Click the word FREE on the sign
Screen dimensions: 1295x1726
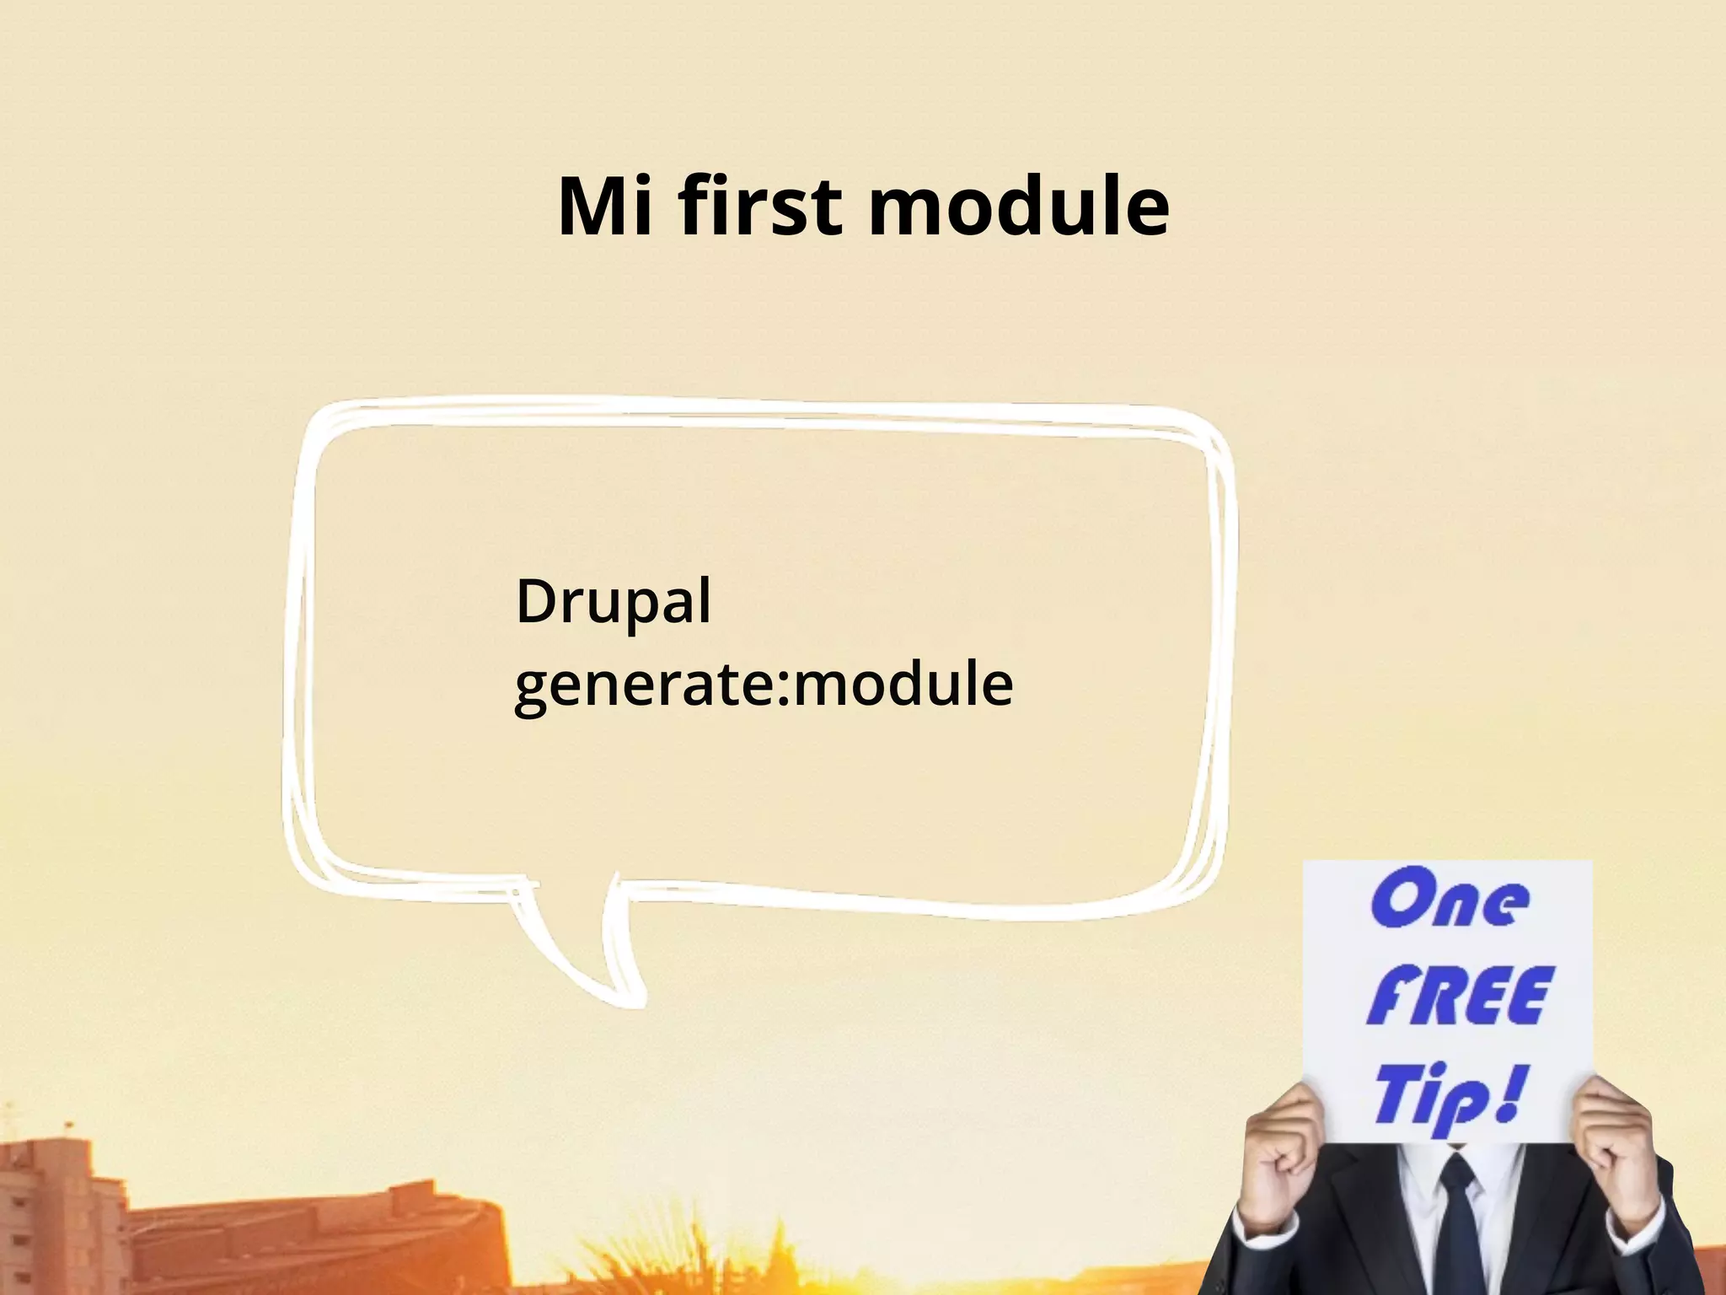1457,997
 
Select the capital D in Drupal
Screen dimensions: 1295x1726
535,602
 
